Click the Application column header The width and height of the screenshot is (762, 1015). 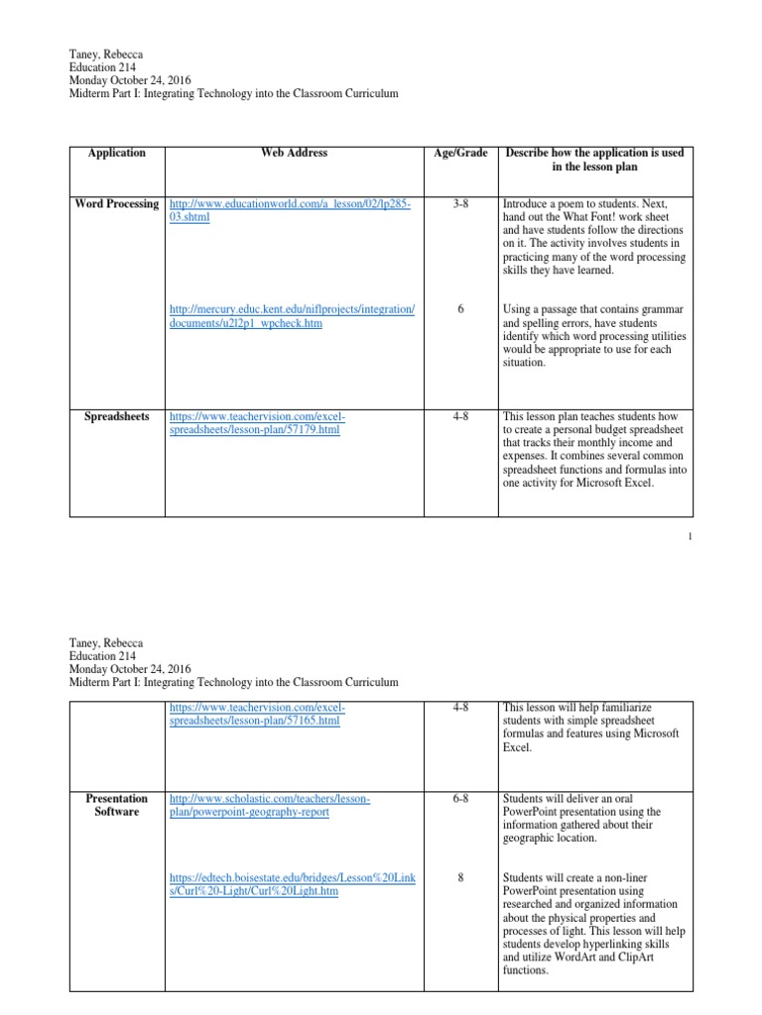point(116,153)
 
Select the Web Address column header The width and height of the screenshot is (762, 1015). point(294,153)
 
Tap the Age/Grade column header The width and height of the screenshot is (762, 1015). point(460,153)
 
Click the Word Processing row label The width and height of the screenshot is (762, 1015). point(117,203)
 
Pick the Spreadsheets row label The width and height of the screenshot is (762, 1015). point(117,416)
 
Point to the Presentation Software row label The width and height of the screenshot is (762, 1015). point(117,805)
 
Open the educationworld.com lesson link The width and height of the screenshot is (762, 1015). point(290,210)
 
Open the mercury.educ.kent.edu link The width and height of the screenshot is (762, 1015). point(293,316)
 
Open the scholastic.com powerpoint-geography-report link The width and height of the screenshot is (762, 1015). point(270,805)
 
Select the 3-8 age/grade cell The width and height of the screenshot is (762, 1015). point(460,203)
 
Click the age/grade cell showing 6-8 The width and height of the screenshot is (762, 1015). point(460,798)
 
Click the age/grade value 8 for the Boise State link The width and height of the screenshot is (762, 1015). point(460,877)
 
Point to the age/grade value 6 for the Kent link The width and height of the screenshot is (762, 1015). point(460,309)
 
